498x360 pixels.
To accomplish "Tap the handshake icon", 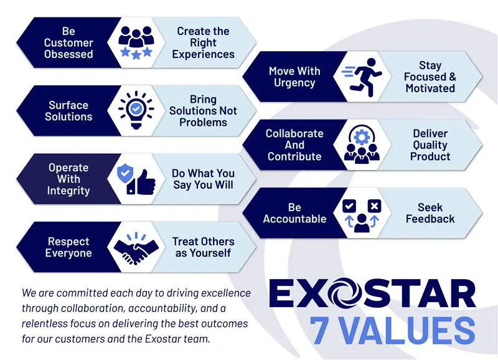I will pyautogui.click(x=134, y=247).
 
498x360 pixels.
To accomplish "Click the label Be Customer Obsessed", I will pyautogui.click(x=68, y=42).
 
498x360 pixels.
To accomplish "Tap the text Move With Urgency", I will pyautogui.click(x=294, y=77).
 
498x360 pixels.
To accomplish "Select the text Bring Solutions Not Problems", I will pyautogui.click(x=203, y=111).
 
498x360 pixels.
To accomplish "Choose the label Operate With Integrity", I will pyautogui.click(x=68, y=179).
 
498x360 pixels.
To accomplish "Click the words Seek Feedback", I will pyautogui.click(x=430, y=213).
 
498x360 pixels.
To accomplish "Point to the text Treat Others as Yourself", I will pyautogui.click(x=203, y=247).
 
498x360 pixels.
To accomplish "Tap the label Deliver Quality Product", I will pyautogui.click(x=430, y=144).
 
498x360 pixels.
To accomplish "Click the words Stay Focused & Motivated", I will pyautogui.click(x=430, y=77).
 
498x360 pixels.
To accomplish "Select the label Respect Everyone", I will pyautogui.click(x=68, y=247).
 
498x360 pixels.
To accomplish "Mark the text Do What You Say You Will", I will pyautogui.click(x=203, y=179).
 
